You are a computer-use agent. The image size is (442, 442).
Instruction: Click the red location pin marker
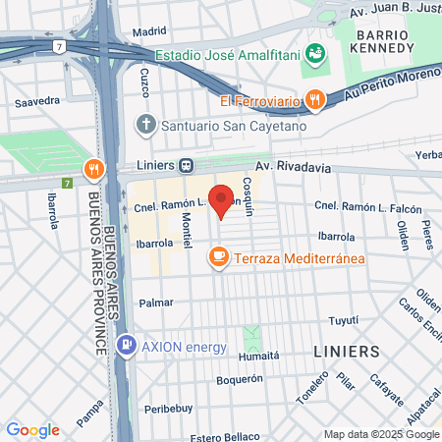[222, 200]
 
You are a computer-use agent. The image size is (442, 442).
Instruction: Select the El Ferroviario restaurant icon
[315, 99]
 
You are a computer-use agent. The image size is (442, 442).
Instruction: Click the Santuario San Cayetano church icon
[145, 125]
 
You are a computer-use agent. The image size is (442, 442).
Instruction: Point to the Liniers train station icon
[186, 166]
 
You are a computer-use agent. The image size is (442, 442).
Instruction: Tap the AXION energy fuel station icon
[127, 347]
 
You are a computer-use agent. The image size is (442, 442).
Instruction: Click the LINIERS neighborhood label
[345, 351]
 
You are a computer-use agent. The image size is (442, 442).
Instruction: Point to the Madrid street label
[149, 31]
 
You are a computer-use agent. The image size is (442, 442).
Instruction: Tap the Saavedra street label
[39, 100]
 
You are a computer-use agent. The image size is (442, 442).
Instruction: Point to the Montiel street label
[186, 235]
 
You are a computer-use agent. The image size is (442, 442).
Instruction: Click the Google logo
[32, 430]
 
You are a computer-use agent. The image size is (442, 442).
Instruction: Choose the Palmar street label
[156, 303]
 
